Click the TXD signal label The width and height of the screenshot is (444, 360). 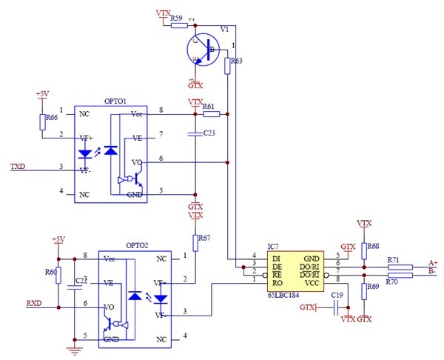pyautogui.click(x=17, y=167)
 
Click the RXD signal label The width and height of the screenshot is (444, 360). pyautogui.click(x=34, y=304)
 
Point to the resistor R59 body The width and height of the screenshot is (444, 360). pyautogui.click(x=180, y=26)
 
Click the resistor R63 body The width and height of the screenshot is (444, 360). pyautogui.click(x=228, y=67)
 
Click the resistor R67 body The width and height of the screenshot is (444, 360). pyautogui.click(x=196, y=243)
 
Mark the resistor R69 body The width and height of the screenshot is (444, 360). pyautogui.click(x=364, y=291)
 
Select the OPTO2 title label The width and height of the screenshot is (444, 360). pyautogui.click(x=137, y=244)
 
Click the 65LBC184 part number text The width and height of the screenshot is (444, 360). pyautogui.click(x=286, y=295)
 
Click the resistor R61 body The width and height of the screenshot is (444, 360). pyautogui.click(x=212, y=114)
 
